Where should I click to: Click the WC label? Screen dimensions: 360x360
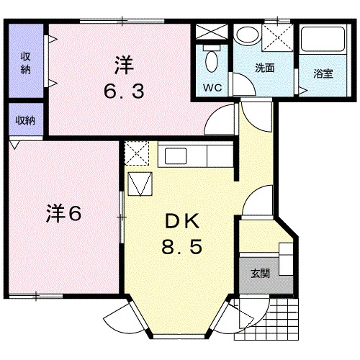click(212, 88)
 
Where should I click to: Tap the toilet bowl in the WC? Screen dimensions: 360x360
click(212, 60)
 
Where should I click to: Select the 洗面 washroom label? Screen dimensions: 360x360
click(264, 68)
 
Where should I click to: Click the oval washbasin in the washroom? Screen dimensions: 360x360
click(248, 34)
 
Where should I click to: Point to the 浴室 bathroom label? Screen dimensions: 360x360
click(323, 73)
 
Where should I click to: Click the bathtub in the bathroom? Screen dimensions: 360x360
click(323, 39)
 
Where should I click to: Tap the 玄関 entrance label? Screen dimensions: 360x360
click(261, 274)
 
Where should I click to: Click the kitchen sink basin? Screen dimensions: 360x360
click(176, 156)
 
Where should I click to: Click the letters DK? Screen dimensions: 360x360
click(182, 221)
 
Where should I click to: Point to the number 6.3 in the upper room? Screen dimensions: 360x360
click(124, 91)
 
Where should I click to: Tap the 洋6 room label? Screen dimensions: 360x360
click(63, 214)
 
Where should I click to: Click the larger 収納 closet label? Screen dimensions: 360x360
click(25, 63)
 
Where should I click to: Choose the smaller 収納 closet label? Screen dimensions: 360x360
click(25, 120)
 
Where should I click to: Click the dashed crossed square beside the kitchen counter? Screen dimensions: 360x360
click(137, 153)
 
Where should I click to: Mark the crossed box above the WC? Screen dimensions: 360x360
click(211, 32)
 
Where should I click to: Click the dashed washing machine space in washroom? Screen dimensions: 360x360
click(277, 37)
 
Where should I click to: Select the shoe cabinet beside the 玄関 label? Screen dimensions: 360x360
click(286, 259)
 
